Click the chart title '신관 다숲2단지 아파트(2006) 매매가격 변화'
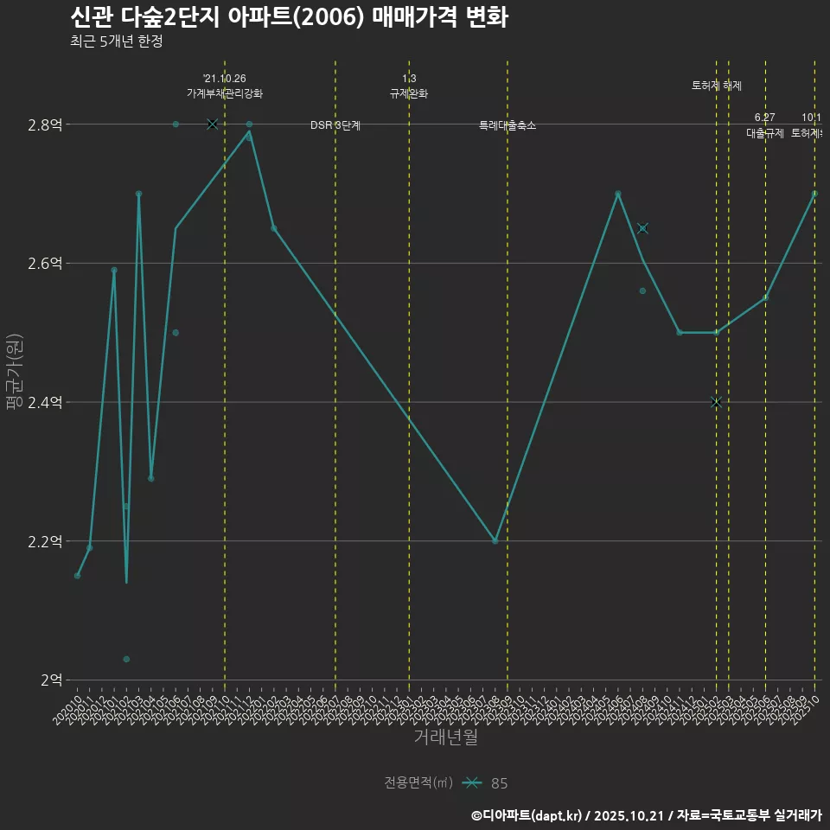pos(289,17)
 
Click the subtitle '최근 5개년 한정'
pos(116,41)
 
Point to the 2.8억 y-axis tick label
pos(45,124)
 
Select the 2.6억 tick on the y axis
pos(45,263)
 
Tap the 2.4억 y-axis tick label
pos(45,402)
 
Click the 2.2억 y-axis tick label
pos(45,541)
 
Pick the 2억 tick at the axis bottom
pos(50,680)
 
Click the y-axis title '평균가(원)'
pos(14,373)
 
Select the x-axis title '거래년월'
pos(445,737)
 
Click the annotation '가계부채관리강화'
pos(225,93)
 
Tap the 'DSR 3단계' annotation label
pos(335,125)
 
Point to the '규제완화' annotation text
pos(409,93)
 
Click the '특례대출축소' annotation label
pos(508,125)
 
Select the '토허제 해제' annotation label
pos(717,86)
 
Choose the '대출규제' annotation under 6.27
pos(765,133)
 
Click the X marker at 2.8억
pos(213,124)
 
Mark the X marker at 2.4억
pos(716,402)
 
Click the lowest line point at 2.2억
pos(495,541)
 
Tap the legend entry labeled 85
pos(499,783)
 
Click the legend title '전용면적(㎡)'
pos(418,783)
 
